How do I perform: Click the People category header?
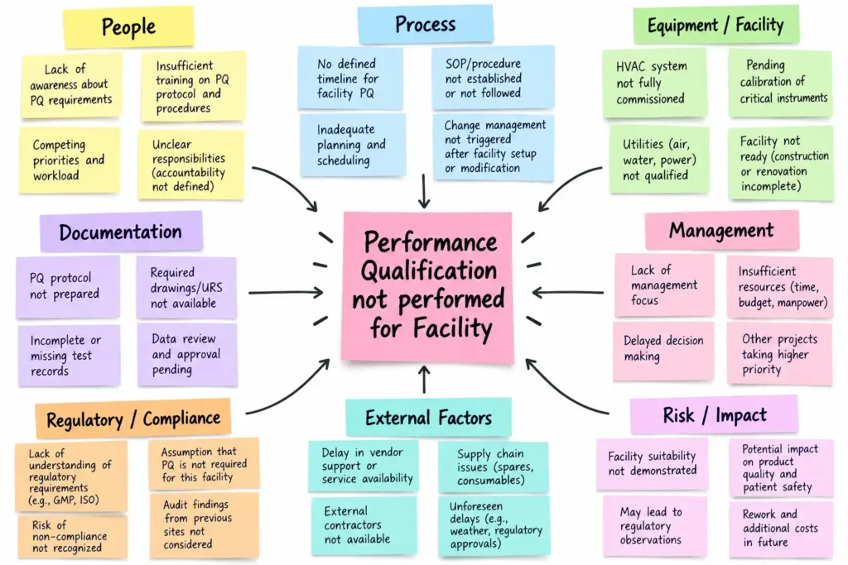click(x=128, y=26)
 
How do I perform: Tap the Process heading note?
click(x=425, y=24)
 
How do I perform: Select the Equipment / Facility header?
click(x=715, y=25)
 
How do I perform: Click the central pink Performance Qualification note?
click(x=428, y=286)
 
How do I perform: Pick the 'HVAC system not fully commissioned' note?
click(x=654, y=83)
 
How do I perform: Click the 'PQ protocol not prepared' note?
click(x=68, y=286)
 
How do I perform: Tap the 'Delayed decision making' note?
click(x=663, y=349)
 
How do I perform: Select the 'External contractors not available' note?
click(x=364, y=525)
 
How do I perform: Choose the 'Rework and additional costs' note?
click(x=780, y=529)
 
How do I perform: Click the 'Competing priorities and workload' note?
click(x=70, y=160)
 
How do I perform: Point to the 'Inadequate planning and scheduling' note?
click(x=353, y=145)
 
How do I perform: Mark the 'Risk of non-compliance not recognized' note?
click(x=72, y=536)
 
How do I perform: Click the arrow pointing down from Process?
click(x=424, y=190)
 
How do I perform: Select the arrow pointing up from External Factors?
click(x=425, y=379)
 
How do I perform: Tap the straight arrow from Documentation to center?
click(x=286, y=293)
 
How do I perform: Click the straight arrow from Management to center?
click(x=568, y=293)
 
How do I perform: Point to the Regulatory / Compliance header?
click(x=133, y=419)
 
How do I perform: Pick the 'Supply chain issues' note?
click(x=494, y=467)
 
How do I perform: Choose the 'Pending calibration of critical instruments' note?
click(x=780, y=82)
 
